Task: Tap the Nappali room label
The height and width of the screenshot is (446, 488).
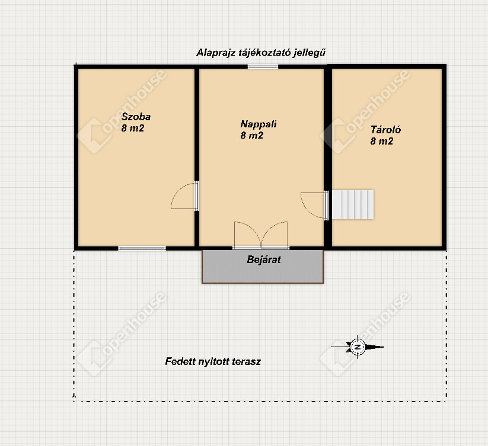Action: [x=259, y=124]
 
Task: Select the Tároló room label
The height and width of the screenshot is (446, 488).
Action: [x=385, y=130]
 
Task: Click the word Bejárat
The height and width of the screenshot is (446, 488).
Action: [x=264, y=259]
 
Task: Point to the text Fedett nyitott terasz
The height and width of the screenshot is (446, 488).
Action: [x=213, y=361]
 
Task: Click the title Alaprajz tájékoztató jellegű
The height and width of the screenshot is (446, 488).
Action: [x=261, y=53]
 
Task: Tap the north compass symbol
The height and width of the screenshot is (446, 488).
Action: [x=358, y=347]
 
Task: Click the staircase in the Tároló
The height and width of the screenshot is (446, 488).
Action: [x=353, y=204]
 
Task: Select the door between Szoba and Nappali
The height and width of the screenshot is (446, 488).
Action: [x=185, y=196]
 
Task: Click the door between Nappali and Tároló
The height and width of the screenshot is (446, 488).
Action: [x=315, y=205]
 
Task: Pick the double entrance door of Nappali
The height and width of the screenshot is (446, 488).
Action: [x=261, y=235]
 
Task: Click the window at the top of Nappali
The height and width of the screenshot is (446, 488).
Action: [x=263, y=66]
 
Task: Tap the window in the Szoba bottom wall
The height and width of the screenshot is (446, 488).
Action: [x=142, y=248]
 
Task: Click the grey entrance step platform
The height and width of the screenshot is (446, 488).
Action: [x=263, y=267]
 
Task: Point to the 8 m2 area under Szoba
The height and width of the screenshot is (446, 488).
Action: [x=133, y=128]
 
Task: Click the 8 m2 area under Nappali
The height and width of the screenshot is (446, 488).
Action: [x=252, y=135]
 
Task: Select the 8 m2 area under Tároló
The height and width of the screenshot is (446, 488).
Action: [x=382, y=141]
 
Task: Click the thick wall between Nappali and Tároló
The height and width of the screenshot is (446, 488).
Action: [x=328, y=157]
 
